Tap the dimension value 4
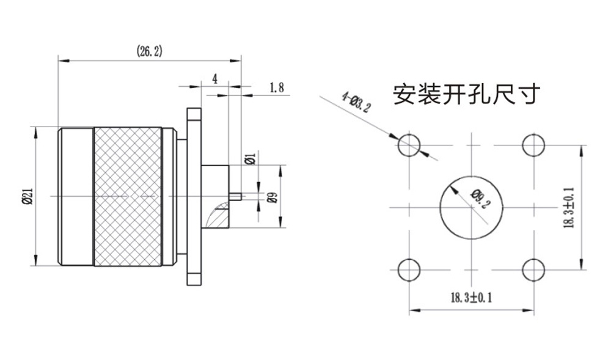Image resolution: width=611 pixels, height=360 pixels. [x=214, y=79]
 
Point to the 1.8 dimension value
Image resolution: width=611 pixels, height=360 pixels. [x=276, y=87]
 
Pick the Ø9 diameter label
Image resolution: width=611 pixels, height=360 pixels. [x=272, y=197]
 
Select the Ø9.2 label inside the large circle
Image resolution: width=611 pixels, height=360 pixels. [x=478, y=199]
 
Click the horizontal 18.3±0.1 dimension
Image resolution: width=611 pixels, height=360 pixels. [x=471, y=298]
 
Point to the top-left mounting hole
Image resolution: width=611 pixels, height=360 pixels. [x=409, y=145]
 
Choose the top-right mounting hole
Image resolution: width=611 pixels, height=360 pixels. [x=533, y=145]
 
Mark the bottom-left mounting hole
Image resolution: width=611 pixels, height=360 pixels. [x=409, y=269]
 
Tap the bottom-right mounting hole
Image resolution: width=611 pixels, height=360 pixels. [x=533, y=269]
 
